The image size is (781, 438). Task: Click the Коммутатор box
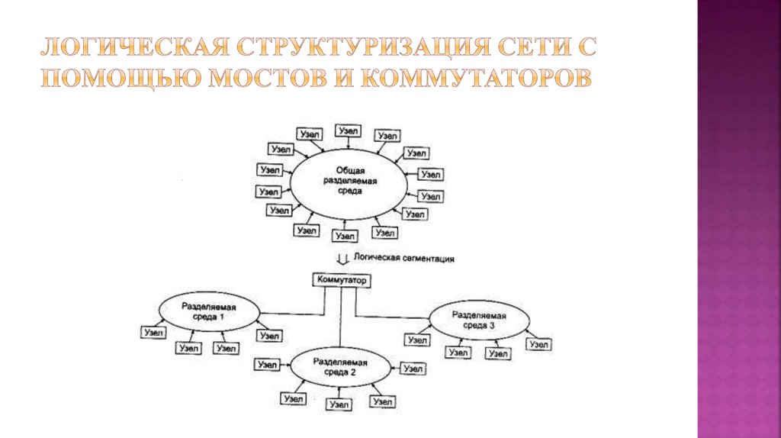pyautogui.click(x=340, y=281)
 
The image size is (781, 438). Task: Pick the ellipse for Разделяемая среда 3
pyautogui.click(x=478, y=319)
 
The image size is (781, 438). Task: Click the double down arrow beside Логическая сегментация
pyautogui.click(x=342, y=259)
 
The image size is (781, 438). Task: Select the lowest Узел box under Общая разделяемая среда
pyautogui.click(x=347, y=237)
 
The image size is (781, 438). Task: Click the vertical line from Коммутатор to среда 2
pyautogui.click(x=341, y=320)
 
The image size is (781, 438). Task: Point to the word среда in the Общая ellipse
pyautogui.click(x=350, y=192)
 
